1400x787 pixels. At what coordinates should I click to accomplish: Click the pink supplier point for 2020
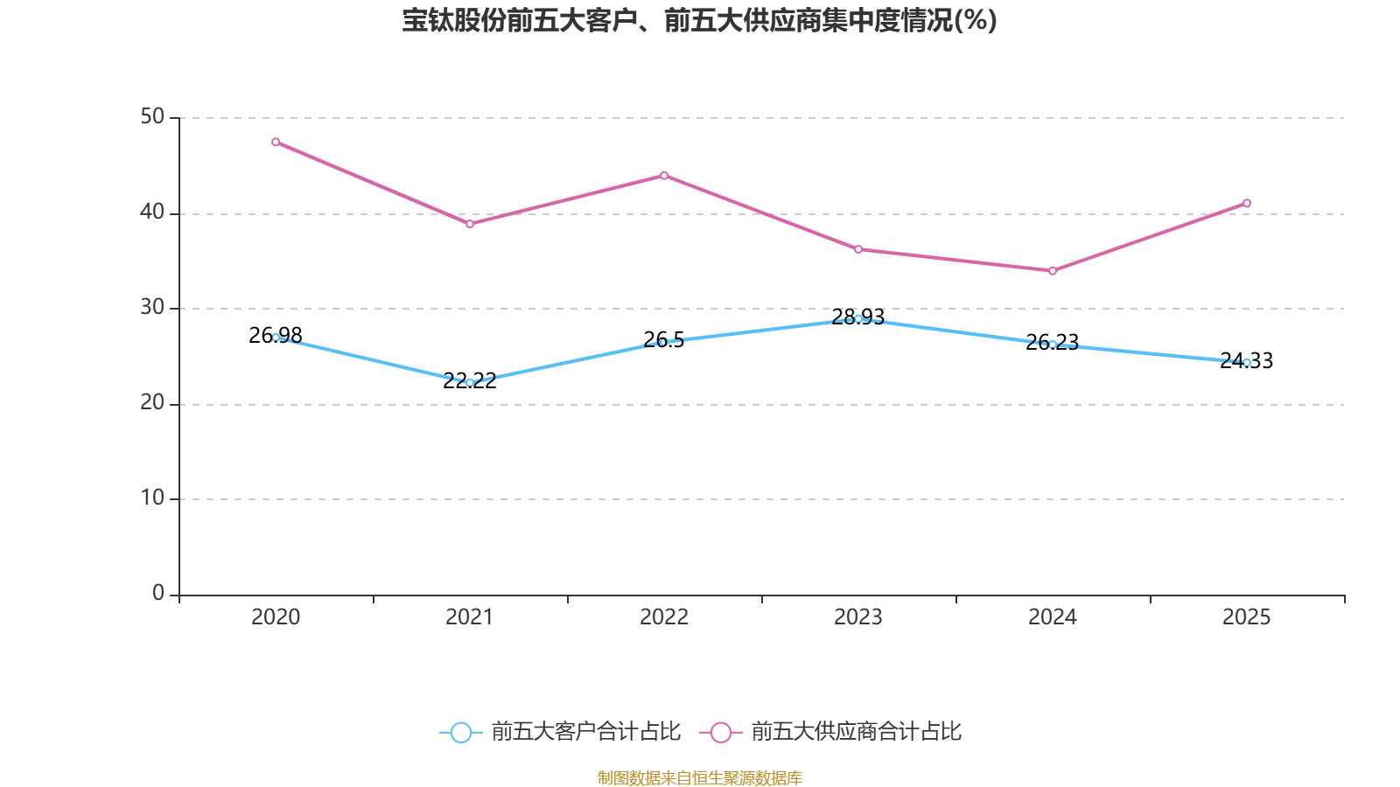point(276,142)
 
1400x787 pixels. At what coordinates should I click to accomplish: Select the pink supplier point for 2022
point(664,176)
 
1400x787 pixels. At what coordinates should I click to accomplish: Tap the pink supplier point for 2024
point(1053,271)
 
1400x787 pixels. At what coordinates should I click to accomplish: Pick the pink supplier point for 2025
point(1247,204)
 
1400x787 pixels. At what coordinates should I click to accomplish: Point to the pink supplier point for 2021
point(470,224)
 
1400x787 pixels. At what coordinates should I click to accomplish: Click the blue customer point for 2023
point(858,318)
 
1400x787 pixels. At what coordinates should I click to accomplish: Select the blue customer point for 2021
point(470,382)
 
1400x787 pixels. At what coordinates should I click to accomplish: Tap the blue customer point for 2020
point(276,338)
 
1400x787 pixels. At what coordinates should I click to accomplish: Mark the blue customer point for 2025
point(1247,362)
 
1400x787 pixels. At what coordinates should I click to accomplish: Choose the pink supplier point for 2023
point(858,250)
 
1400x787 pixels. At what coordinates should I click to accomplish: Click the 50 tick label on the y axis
point(152,117)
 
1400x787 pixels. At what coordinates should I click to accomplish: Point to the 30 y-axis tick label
point(152,308)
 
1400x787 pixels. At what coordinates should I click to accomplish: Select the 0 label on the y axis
point(158,594)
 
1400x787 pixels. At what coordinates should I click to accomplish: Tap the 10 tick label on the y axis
point(152,498)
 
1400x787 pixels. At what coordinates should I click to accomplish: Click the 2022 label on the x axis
point(664,617)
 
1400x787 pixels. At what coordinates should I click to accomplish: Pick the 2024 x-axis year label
point(1053,617)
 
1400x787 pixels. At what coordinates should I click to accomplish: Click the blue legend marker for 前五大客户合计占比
point(461,732)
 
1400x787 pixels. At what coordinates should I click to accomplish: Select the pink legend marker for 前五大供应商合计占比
point(721,732)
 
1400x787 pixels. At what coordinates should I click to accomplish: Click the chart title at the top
point(699,21)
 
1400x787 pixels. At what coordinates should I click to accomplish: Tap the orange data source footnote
point(699,777)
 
